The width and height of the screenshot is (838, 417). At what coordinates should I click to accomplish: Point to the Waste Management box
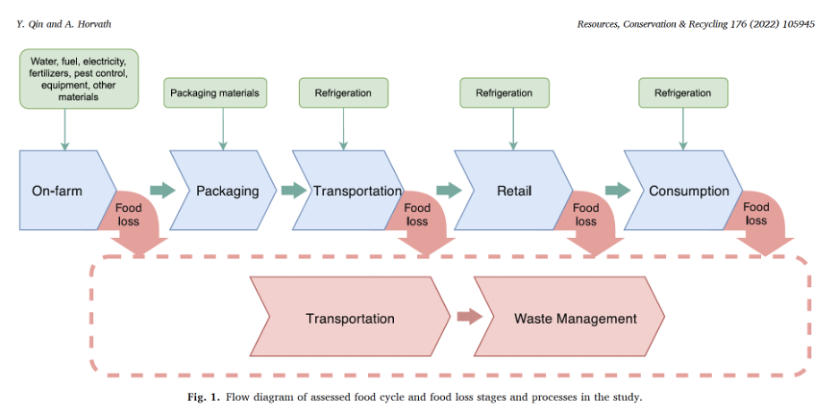pyautogui.click(x=573, y=319)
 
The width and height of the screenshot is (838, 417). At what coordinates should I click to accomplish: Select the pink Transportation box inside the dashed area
pyautogui.click(x=349, y=319)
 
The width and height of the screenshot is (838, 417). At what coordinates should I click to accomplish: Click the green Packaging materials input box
pyautogui.click(x=215, y=92)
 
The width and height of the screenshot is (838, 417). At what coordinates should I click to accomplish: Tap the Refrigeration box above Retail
pyautogui.click(x=504, y=92)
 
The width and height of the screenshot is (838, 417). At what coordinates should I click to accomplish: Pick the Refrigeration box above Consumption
pyautogui.click(x=683, y=92)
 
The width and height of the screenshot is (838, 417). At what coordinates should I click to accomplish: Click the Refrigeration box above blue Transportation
pyautogui.click(x=343, y=92)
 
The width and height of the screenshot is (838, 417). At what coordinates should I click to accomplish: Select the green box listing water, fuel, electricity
pyautogui.click(x=79, y=80)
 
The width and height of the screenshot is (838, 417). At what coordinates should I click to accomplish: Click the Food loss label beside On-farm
pyautogui.click(x=130, y=214)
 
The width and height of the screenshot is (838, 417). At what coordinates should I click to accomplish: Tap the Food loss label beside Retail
pyautogui.click(x=586, y=214)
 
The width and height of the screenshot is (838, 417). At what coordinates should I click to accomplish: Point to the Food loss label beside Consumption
pyautogui.click(x=757, y=214)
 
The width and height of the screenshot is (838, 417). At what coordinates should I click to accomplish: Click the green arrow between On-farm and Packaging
pyautogui.click(x=162, y=191)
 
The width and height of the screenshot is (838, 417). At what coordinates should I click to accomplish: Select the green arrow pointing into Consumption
pyautogui.click(x=618, y=191)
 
